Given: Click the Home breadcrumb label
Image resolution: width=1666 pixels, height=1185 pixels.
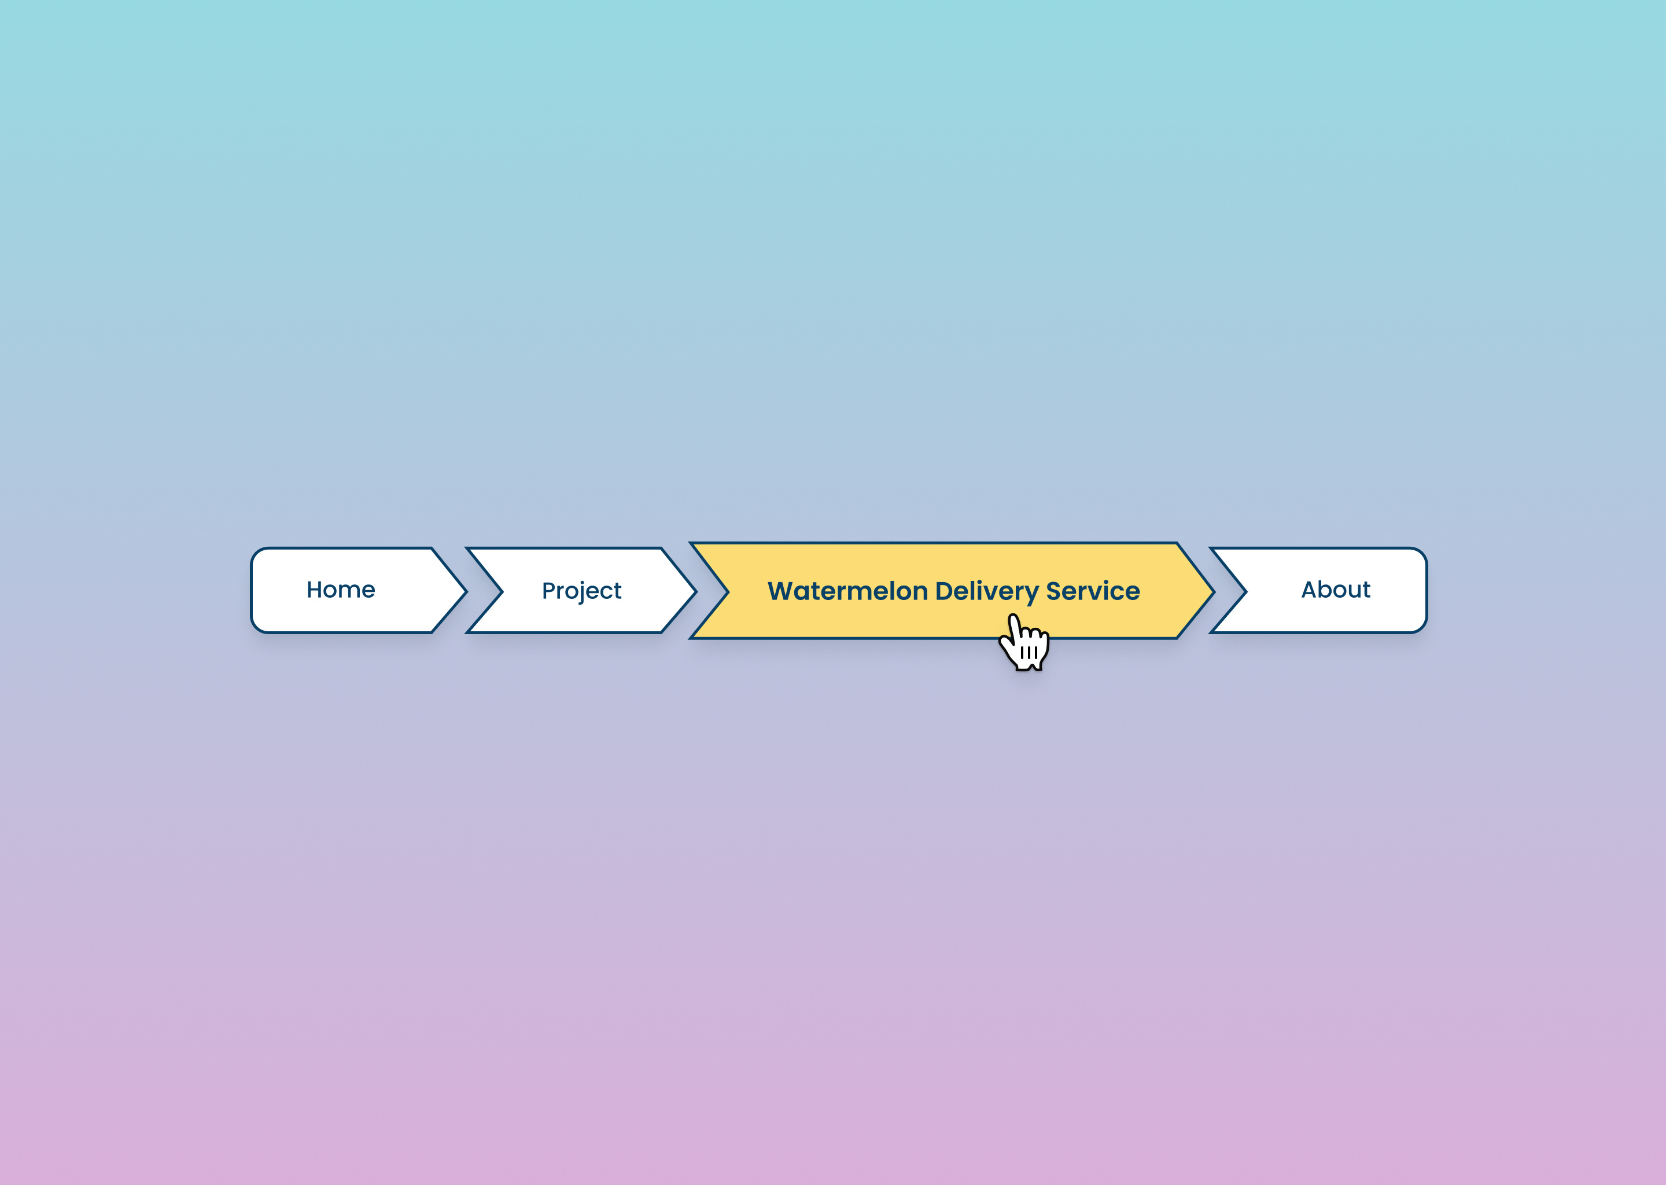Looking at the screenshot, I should click(341, 590).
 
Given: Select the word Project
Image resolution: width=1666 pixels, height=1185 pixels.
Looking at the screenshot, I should click(581, 590).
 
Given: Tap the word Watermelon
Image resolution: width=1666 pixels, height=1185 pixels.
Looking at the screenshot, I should click(847, 591).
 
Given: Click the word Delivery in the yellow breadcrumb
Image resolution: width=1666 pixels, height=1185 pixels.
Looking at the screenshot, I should click(986, 591).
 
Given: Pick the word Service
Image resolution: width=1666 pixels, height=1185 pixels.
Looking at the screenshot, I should click(1093, 591).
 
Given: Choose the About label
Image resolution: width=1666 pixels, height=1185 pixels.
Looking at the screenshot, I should click(1336, 590).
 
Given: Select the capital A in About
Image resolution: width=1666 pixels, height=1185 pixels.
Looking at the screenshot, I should click(1311, 590).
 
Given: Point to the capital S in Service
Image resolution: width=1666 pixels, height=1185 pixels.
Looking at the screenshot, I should click(1054, 591).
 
